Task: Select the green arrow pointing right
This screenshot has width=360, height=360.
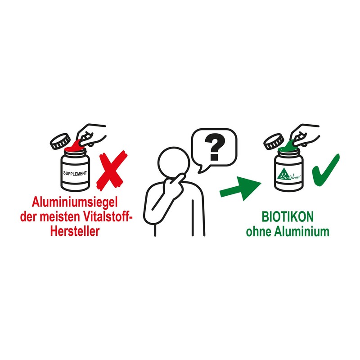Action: [241, 188]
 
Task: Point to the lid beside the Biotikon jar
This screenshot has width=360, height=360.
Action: [272, 141]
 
